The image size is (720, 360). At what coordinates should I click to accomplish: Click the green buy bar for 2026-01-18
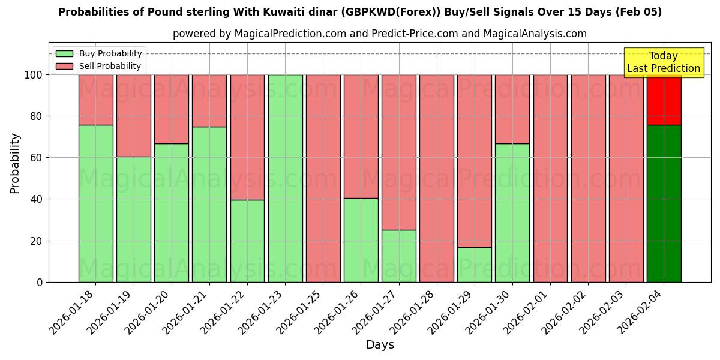click(x=95, y=203)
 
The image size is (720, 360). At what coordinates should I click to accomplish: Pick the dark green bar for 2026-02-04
click(x=664, y=203)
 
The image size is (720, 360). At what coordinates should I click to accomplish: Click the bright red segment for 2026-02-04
click(x=664, y=100)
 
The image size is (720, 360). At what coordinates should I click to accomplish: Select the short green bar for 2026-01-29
click(x=474, y=265)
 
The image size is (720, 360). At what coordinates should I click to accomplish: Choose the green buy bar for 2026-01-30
click(x=512, y=212)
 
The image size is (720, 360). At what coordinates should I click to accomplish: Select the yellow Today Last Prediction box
click(x=663, y=62)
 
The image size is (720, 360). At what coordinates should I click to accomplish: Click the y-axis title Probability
click(x=15, y=163)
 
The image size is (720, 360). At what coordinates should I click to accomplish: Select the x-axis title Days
click(x=380, y=345)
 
